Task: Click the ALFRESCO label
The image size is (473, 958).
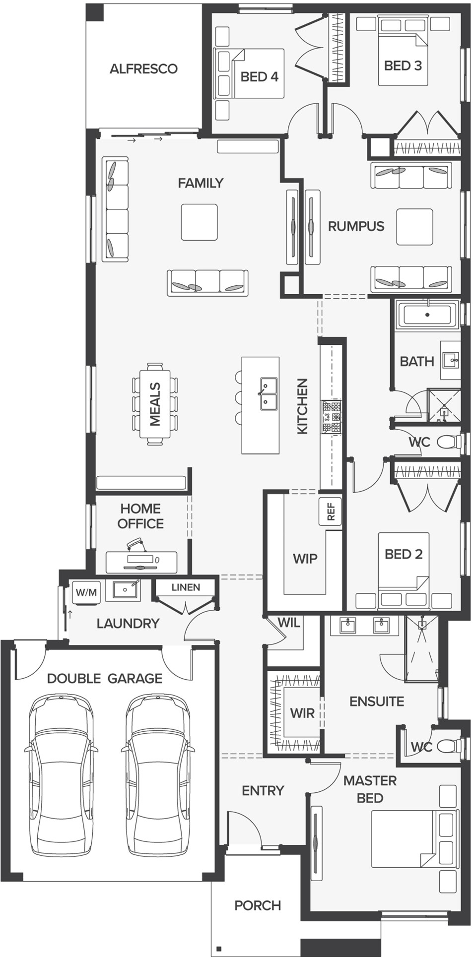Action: click(143, 68)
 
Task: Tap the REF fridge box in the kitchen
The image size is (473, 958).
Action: click(330, 511)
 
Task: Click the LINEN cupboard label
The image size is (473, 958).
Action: click(186, 587)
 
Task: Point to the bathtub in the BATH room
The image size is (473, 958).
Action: click(427, 315)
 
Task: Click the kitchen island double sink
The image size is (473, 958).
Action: click(268, 394)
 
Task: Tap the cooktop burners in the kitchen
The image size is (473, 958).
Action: click(332, 416)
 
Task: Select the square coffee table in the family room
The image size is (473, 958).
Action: click(199, 222)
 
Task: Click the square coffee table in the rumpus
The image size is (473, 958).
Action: click(414, 227)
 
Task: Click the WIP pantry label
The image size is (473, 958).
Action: click(305, 559)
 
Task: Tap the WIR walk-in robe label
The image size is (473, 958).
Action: click(302, 713)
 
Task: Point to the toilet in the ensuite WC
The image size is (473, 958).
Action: click(450, 745)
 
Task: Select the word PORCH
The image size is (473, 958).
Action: click(258, 905)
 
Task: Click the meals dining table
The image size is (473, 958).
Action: click(155, 404)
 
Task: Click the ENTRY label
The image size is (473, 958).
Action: click(263, 790)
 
